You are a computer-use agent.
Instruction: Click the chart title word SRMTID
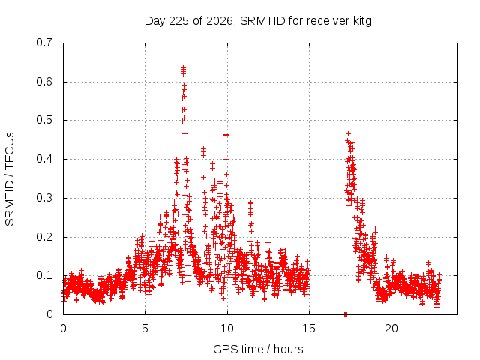pos(262,21)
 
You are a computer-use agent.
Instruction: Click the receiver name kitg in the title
pos(361,22)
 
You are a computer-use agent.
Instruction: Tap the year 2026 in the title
pos(220,21)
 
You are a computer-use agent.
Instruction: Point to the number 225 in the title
pos(179,21)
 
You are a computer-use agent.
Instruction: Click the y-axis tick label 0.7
pos(44,43)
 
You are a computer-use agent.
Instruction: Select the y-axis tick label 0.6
pos(44,82)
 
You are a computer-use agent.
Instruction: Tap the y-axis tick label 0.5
pos(44,120)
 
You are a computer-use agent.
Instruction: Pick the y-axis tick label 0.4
pos(44,159)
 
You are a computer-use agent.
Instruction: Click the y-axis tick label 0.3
pos(44,198)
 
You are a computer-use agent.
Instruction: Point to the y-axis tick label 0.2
pos(44,237)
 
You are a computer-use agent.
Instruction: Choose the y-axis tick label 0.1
pos(44,275)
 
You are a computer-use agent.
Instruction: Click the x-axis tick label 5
pos(145,328)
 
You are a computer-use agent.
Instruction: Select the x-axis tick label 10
pos(227,328)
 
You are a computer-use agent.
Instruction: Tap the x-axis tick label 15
pos(309,328)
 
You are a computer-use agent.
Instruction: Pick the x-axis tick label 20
pos(391,328)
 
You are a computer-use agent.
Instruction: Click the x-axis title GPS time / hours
pos(258,349)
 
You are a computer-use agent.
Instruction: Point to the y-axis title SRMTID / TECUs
pos(10,179)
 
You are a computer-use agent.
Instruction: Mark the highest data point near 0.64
pos(183,67)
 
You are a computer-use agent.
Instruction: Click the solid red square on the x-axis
pos(346,314)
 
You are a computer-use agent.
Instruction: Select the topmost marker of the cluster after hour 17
pos(348,133)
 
